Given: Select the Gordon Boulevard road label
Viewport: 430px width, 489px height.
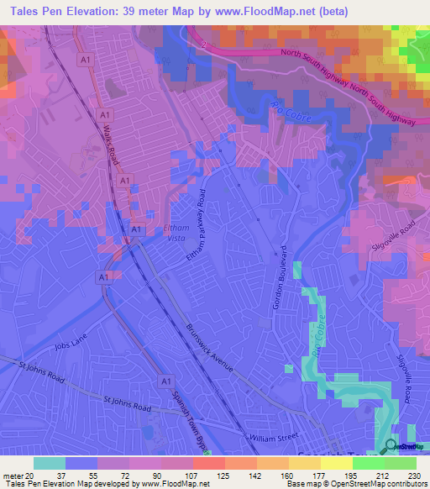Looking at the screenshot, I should pos(281,276).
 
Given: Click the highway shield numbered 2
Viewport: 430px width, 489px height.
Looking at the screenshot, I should pos(202,39).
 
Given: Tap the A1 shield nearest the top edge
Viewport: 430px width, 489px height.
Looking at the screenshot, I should pos(85,60).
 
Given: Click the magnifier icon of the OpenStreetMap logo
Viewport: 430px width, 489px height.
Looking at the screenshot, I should pos(391,445).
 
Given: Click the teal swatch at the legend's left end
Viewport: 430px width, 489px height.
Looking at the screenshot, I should pos(49,463).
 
